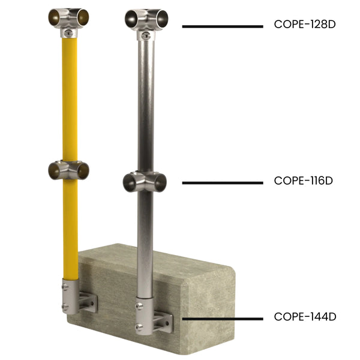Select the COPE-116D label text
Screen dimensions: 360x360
point(303,181)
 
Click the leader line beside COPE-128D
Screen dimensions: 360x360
point(223,26)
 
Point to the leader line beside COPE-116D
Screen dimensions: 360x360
point(223,182)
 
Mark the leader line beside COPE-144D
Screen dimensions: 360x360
point(223,319)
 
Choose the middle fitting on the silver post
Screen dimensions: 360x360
point(145,181)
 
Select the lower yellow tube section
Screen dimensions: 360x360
point(70,228)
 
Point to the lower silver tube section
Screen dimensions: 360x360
point(145,240)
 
